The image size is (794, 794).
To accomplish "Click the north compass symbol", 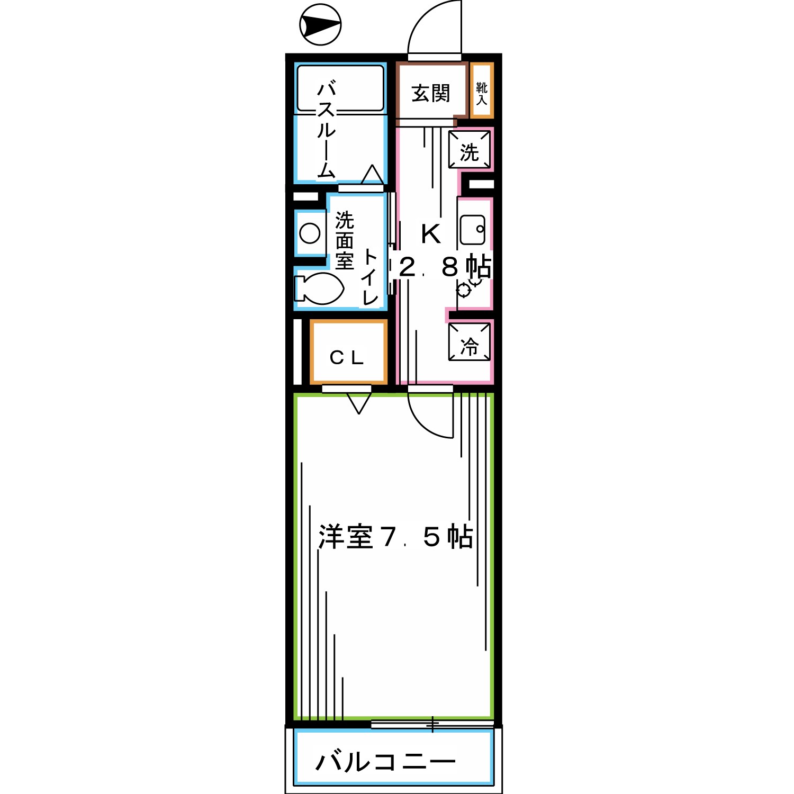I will (x=320, y=24).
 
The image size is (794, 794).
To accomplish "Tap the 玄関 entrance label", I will (x=431, y=94).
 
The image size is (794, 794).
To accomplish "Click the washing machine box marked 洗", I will (x=470, y=150).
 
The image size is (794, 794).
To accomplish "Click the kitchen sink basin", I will (x=472, y=230).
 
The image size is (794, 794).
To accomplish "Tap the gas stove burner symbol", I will (x=464, y=290).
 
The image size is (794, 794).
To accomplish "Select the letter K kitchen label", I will (x=431, y=234).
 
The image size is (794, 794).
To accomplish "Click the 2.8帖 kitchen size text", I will (x=445, y=267).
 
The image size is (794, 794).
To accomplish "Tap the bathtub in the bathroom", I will (x=340, y=88).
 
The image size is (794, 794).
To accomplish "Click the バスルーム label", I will (x=326, y=130).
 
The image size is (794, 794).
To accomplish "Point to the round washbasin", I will (x=310, y=233).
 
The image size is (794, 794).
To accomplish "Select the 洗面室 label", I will (x=344, y=241).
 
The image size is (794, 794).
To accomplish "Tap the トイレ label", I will (x=369, y=278).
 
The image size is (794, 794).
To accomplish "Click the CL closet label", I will (x=347, y=358).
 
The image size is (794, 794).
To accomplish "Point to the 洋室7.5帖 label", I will (x=395, y=537).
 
